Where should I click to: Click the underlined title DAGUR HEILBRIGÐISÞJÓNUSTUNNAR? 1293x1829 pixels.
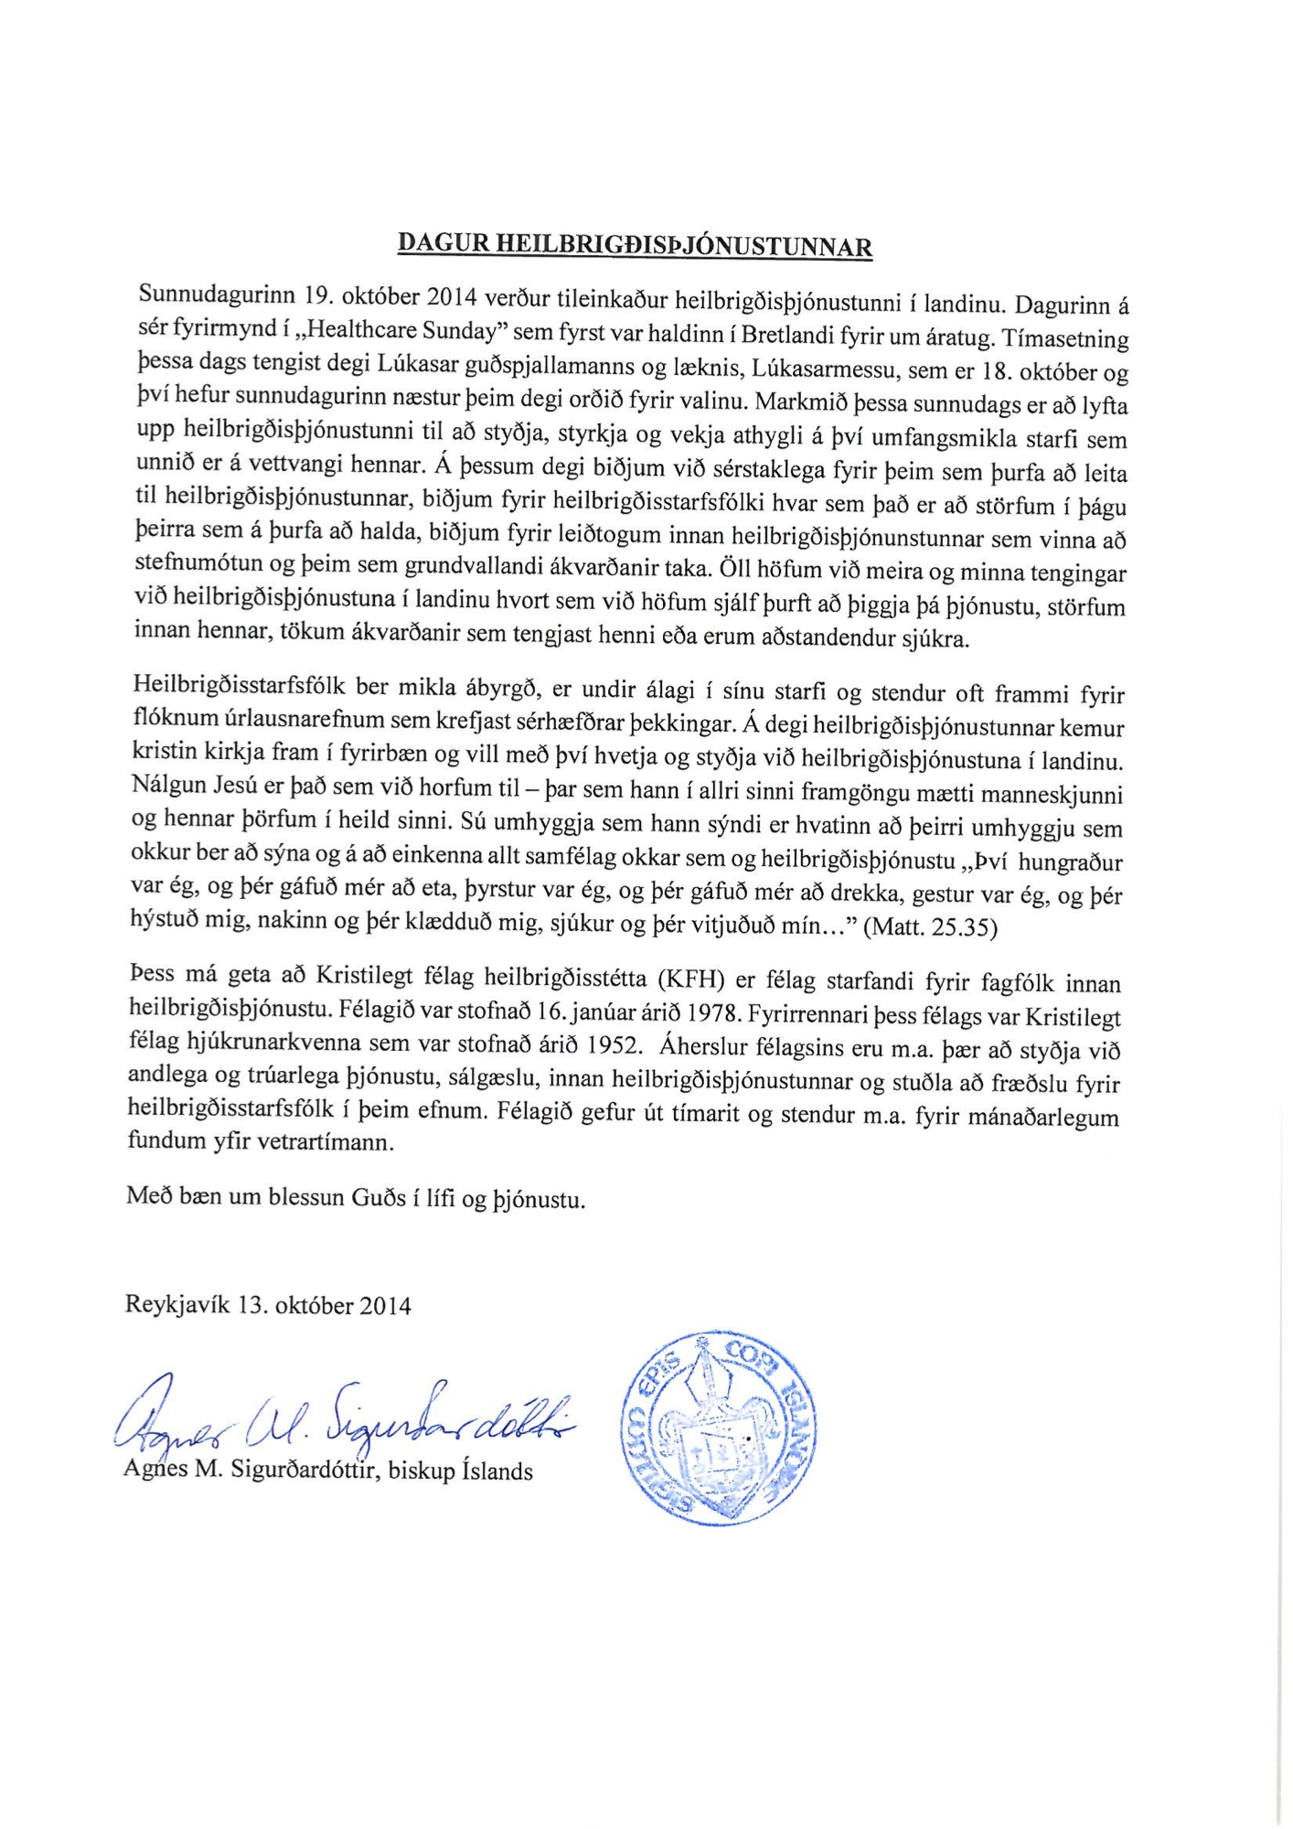point(635,244)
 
